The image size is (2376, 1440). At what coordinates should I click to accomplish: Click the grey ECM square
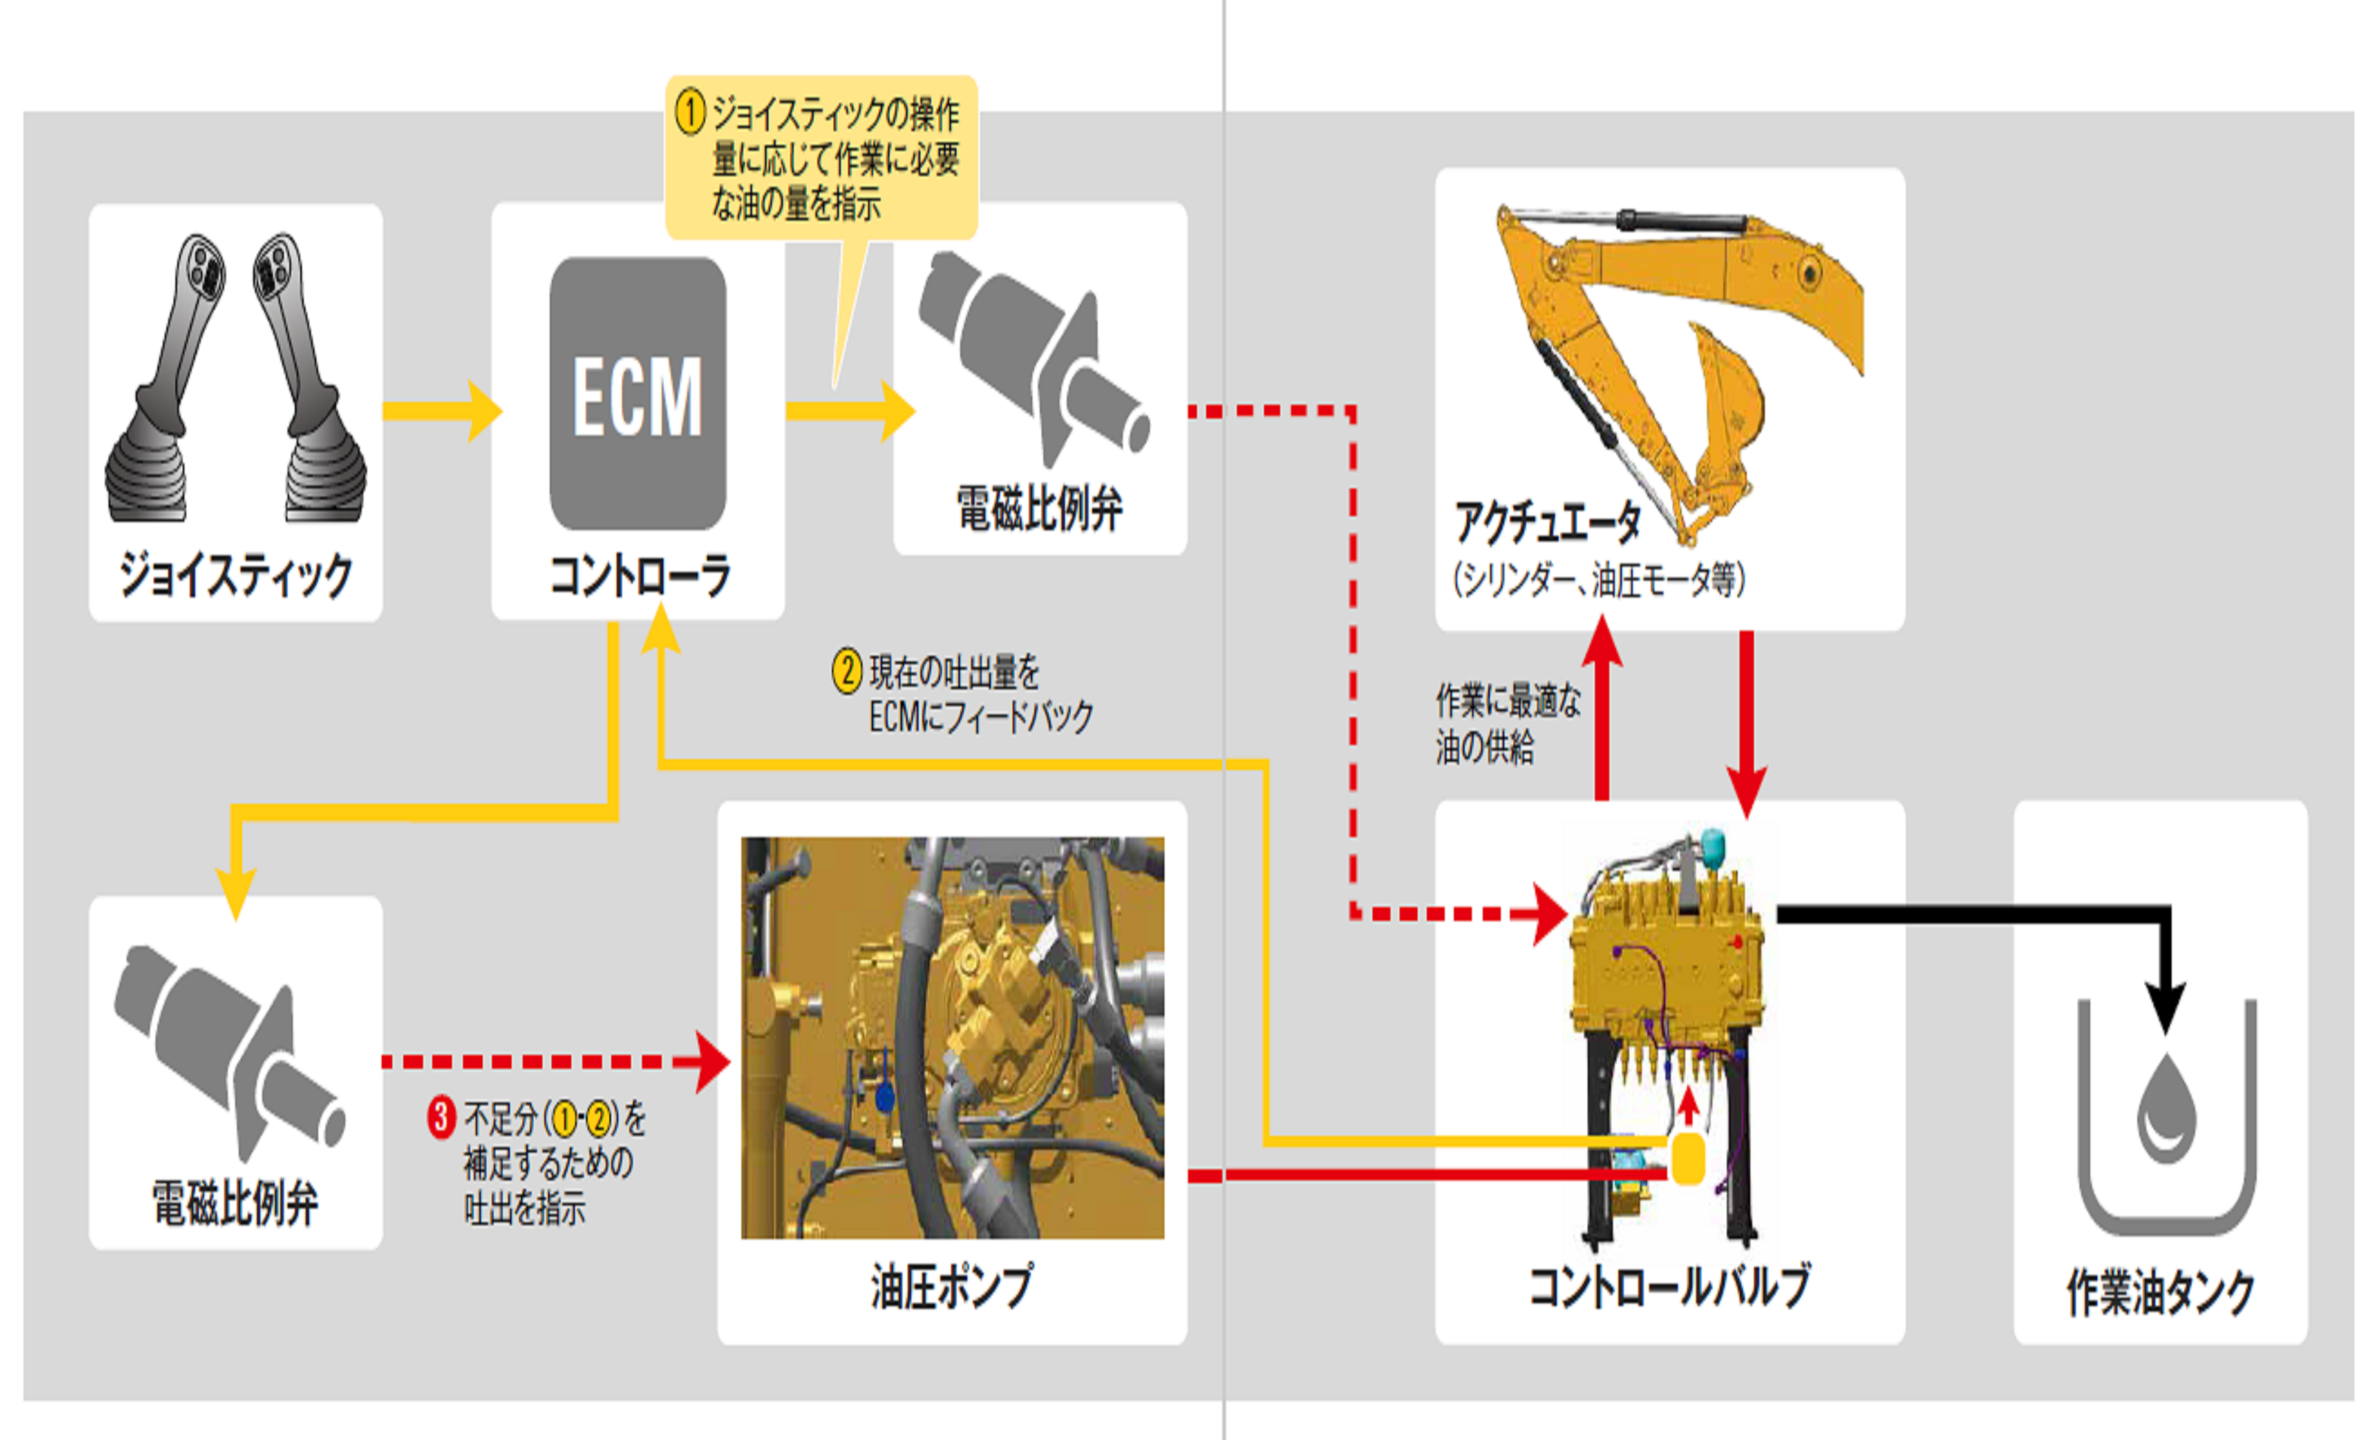[x=638, y=393]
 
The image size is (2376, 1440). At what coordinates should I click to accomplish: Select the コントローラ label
[x=638, y=576]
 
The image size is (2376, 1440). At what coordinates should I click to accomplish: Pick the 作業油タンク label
[x=2160, y=1292]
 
